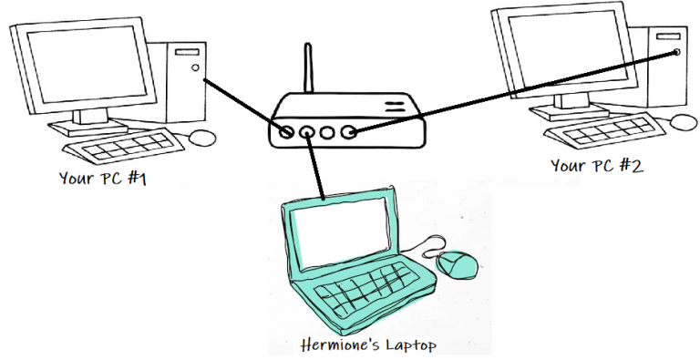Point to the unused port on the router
click(329, 133)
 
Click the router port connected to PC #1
click(288, 132)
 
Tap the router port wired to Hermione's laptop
click(308, 133)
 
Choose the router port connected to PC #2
click(349, 133)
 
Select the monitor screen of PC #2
click(565, 50)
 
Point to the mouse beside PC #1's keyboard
click(202, 138)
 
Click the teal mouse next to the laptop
click(458, 264)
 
